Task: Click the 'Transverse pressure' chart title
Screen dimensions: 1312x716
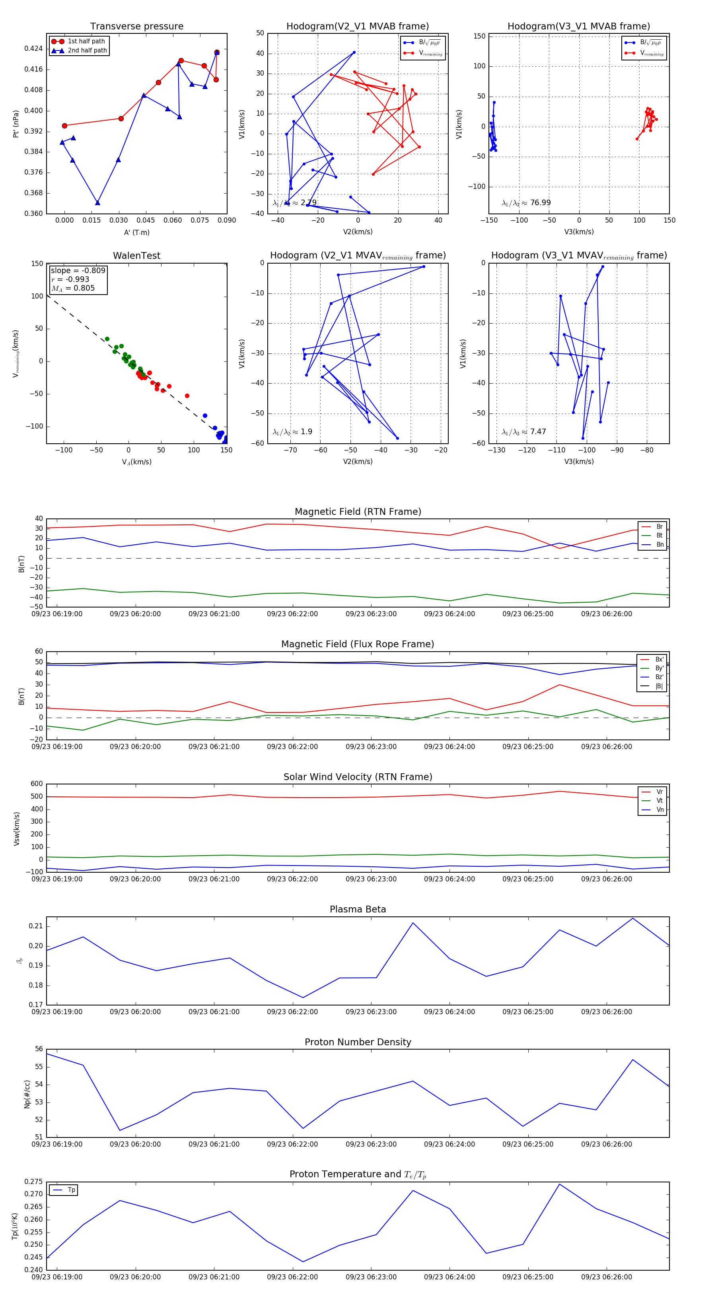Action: [136, 27]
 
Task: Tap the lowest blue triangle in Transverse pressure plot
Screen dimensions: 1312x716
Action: [97, 203]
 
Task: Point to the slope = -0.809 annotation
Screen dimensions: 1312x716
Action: [78, 270]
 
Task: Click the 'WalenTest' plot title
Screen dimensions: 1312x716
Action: [136, 256]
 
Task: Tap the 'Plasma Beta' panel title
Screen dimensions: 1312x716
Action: [358, 909]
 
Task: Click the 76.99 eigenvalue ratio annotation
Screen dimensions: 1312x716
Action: [540, 203]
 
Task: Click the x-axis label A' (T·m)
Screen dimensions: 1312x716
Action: [136, 232]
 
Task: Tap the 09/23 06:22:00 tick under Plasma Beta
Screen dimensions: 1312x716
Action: [292, 1011]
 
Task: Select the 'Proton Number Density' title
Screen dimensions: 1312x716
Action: [358, 1042]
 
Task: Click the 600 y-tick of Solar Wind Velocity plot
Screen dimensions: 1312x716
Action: [37, 784]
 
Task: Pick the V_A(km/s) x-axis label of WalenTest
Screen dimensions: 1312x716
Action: [136, 462]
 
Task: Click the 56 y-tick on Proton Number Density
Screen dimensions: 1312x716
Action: [39, 1049]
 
